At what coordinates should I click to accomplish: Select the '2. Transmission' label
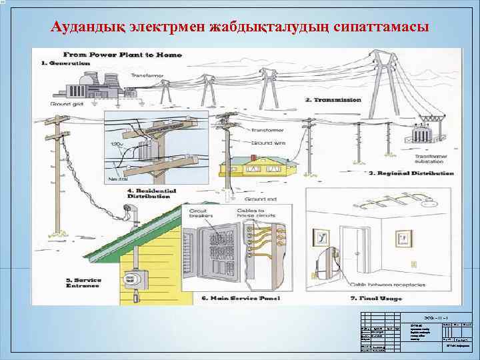click(x=333, y=100)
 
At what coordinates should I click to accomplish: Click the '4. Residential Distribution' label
click(x=153, y=193)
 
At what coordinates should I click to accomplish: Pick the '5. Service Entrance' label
click(x=82, y=284)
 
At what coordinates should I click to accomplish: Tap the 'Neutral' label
click(x=118, y=180)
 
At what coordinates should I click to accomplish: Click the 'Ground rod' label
click(x=261, y=199)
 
